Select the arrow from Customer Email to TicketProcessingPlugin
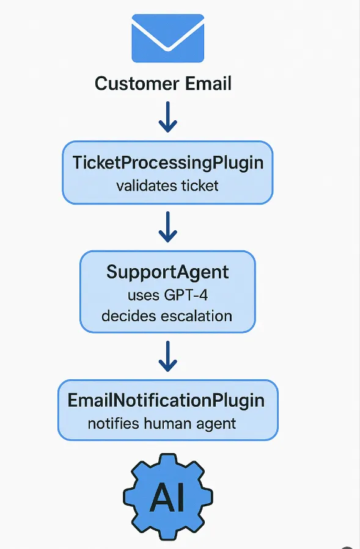[x=167, y=117]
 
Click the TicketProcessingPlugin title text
[x=167, y=162]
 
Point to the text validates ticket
[x=167, y=185]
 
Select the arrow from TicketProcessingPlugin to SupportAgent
[x=167, y=227]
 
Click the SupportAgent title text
[x=167, y=271]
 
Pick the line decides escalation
[x=167, y=316]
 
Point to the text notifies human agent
[x=162, y=423]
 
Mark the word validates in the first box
[x=145, y=185]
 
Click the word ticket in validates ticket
[x=199, y=185]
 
